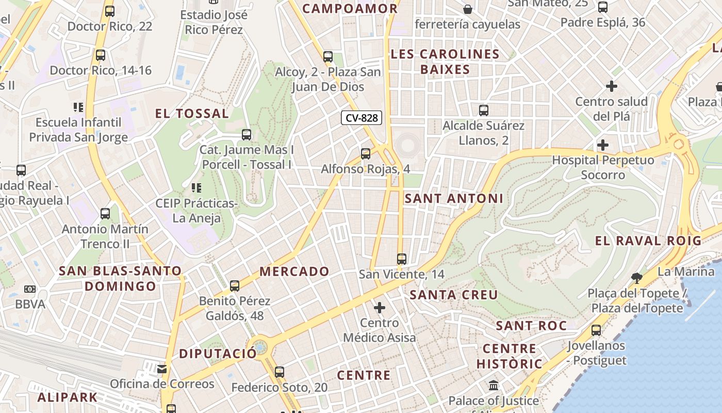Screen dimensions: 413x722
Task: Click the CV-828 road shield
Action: (362, 118)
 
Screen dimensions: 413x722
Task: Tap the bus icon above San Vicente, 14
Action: (402, 259)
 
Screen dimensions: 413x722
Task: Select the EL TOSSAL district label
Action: (192, 114)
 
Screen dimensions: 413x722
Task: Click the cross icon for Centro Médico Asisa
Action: (380, 308)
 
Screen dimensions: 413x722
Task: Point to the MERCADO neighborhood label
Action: (294, 271)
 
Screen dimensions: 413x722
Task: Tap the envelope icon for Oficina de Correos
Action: (162, 369)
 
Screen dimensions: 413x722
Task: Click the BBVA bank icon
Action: (30, 289)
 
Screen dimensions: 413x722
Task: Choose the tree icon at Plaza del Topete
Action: (637, 278)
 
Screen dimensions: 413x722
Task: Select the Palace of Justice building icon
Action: (494, 386)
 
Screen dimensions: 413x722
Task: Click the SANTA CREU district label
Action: (454, 295)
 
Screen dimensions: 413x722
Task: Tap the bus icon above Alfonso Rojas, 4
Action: (366, 153)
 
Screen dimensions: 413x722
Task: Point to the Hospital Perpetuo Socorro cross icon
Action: (602, 145)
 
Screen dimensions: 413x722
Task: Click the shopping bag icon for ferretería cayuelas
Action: (468, 9)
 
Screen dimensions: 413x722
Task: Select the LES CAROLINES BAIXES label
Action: (445, 61)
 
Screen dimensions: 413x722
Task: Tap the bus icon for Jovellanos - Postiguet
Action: (596, 330)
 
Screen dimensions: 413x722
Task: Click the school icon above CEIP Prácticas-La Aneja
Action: (196, 188)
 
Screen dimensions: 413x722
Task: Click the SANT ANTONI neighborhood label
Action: (454, 198)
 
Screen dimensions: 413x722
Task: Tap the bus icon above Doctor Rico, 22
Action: (110, 11)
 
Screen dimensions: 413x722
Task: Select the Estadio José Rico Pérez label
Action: (214, 22)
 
